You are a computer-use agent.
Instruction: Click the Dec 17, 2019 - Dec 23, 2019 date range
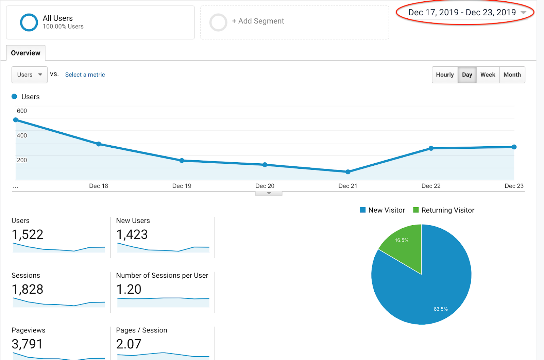[x=462, y=12]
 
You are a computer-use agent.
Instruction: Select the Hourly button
[x=445, y=75]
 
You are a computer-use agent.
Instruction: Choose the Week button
[x=488, y=75]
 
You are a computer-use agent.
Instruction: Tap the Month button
[x=512, y=75]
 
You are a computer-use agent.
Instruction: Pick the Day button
[x=467, y=75]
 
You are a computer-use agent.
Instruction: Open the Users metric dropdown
[x=29, y=75]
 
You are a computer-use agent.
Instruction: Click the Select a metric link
[x=85, y=75]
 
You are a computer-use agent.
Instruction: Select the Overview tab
[x=26, y=53]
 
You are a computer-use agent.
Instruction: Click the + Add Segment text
[x=258, y=21]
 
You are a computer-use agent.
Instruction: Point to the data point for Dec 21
[x=348, y=172]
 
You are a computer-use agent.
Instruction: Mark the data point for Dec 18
[x=99, y=144]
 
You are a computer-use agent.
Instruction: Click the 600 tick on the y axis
[x=22, y=111]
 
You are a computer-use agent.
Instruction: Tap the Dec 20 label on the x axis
[x=265, y=186]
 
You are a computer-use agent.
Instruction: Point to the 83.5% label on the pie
[x=441, y=309]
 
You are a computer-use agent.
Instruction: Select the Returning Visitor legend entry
[x=444, y=210]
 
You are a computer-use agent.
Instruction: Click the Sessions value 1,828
[x=28, y=289]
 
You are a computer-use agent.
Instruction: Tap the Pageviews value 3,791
[x=27, y=344]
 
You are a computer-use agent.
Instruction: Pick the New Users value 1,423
[x=132, y=234]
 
